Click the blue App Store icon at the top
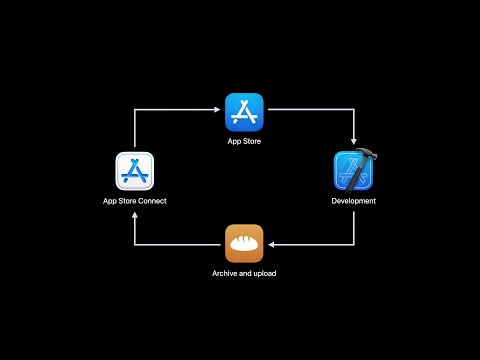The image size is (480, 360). pyautogui.click(x=244, y=111)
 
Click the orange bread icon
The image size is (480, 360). pyautogui.click(x=244, y=243)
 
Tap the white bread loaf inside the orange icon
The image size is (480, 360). pyautogui.click(x=244, y=243)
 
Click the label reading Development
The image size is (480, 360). pyautogui.click(x=353, y=201)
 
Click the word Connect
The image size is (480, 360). pyautogui.click(x=152, y=201)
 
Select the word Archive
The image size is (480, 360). pyautogui.click(x=226, y=272)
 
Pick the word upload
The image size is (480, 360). pyautogui.click(x=263, y=272)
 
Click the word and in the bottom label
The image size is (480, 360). pyautogui.click(x=245, y=272)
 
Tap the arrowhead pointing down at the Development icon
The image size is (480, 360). pyautogui.click(x=353, y=142)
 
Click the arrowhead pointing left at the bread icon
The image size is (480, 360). pyautogui.click(x=275, y=243)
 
